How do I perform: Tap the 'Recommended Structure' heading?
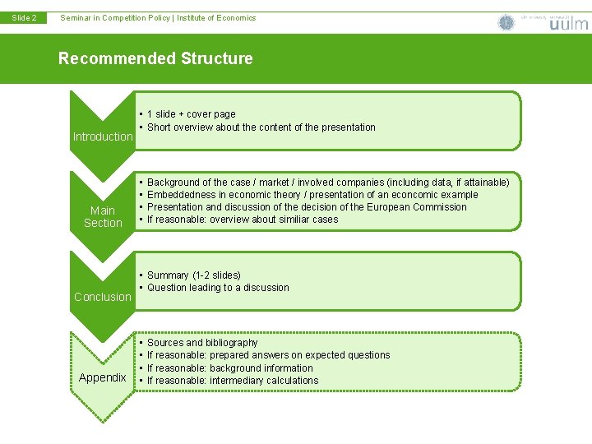coord(155,58)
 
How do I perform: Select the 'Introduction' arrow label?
coord(103,136)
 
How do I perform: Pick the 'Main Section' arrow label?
coord(103,217)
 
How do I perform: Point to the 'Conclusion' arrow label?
coord(103,297)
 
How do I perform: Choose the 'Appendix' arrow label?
coord(103,377)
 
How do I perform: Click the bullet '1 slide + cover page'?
coord(191,114)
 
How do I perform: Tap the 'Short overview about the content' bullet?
coord(261,127)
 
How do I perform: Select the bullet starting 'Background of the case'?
coord(328,182)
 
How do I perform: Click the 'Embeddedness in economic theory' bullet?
coord(312,194)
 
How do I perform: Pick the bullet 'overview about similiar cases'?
coord(243,220)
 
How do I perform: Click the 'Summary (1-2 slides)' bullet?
coord(193,275)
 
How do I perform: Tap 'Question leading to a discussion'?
coord(218,288)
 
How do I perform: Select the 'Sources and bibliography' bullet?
coord(202,342)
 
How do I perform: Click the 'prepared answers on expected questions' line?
coord(268,355)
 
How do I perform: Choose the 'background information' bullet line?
coord(230,368)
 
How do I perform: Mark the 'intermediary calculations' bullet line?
coord(233,381)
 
